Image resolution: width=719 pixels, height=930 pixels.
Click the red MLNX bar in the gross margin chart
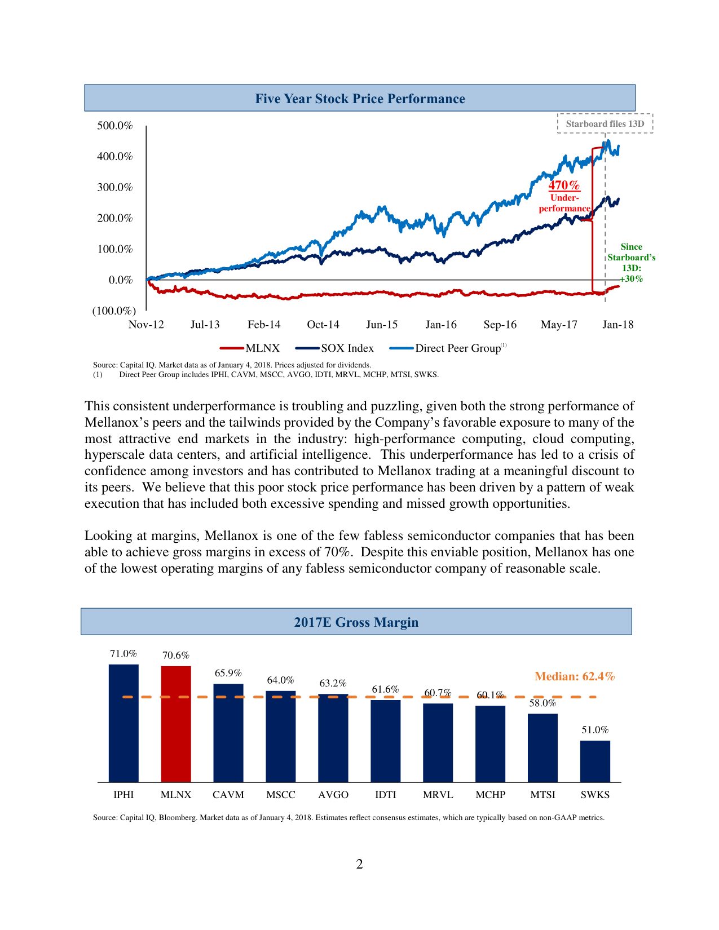tap(176, 724)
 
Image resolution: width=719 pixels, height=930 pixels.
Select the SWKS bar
tap(595, 761)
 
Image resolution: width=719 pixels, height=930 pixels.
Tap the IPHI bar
tap(123, 723)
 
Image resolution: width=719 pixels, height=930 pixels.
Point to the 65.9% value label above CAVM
tap(228, 673)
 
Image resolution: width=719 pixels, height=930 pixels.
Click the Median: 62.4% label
tap(574, 676)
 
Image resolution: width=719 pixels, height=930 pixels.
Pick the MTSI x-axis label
tap(542, 795)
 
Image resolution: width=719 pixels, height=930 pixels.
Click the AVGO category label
tap(333, 795)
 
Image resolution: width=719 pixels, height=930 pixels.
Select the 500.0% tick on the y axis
tap(115, 126)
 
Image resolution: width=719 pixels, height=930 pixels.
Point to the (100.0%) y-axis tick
tap(114, 311)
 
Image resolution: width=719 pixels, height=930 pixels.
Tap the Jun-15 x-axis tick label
tap(382, 325)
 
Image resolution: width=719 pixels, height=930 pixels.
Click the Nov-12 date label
tap(146, 325)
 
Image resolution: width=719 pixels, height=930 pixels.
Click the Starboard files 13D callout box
tap(605, 124)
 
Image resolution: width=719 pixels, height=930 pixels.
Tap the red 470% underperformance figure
tap(564, 185)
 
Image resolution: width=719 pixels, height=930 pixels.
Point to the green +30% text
tap(632, 279)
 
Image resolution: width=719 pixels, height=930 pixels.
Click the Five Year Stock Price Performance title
tap(360, 99)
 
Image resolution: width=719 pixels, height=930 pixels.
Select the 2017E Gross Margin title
tap(356, 622)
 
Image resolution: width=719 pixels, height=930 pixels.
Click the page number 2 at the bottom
tap(359, 864)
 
